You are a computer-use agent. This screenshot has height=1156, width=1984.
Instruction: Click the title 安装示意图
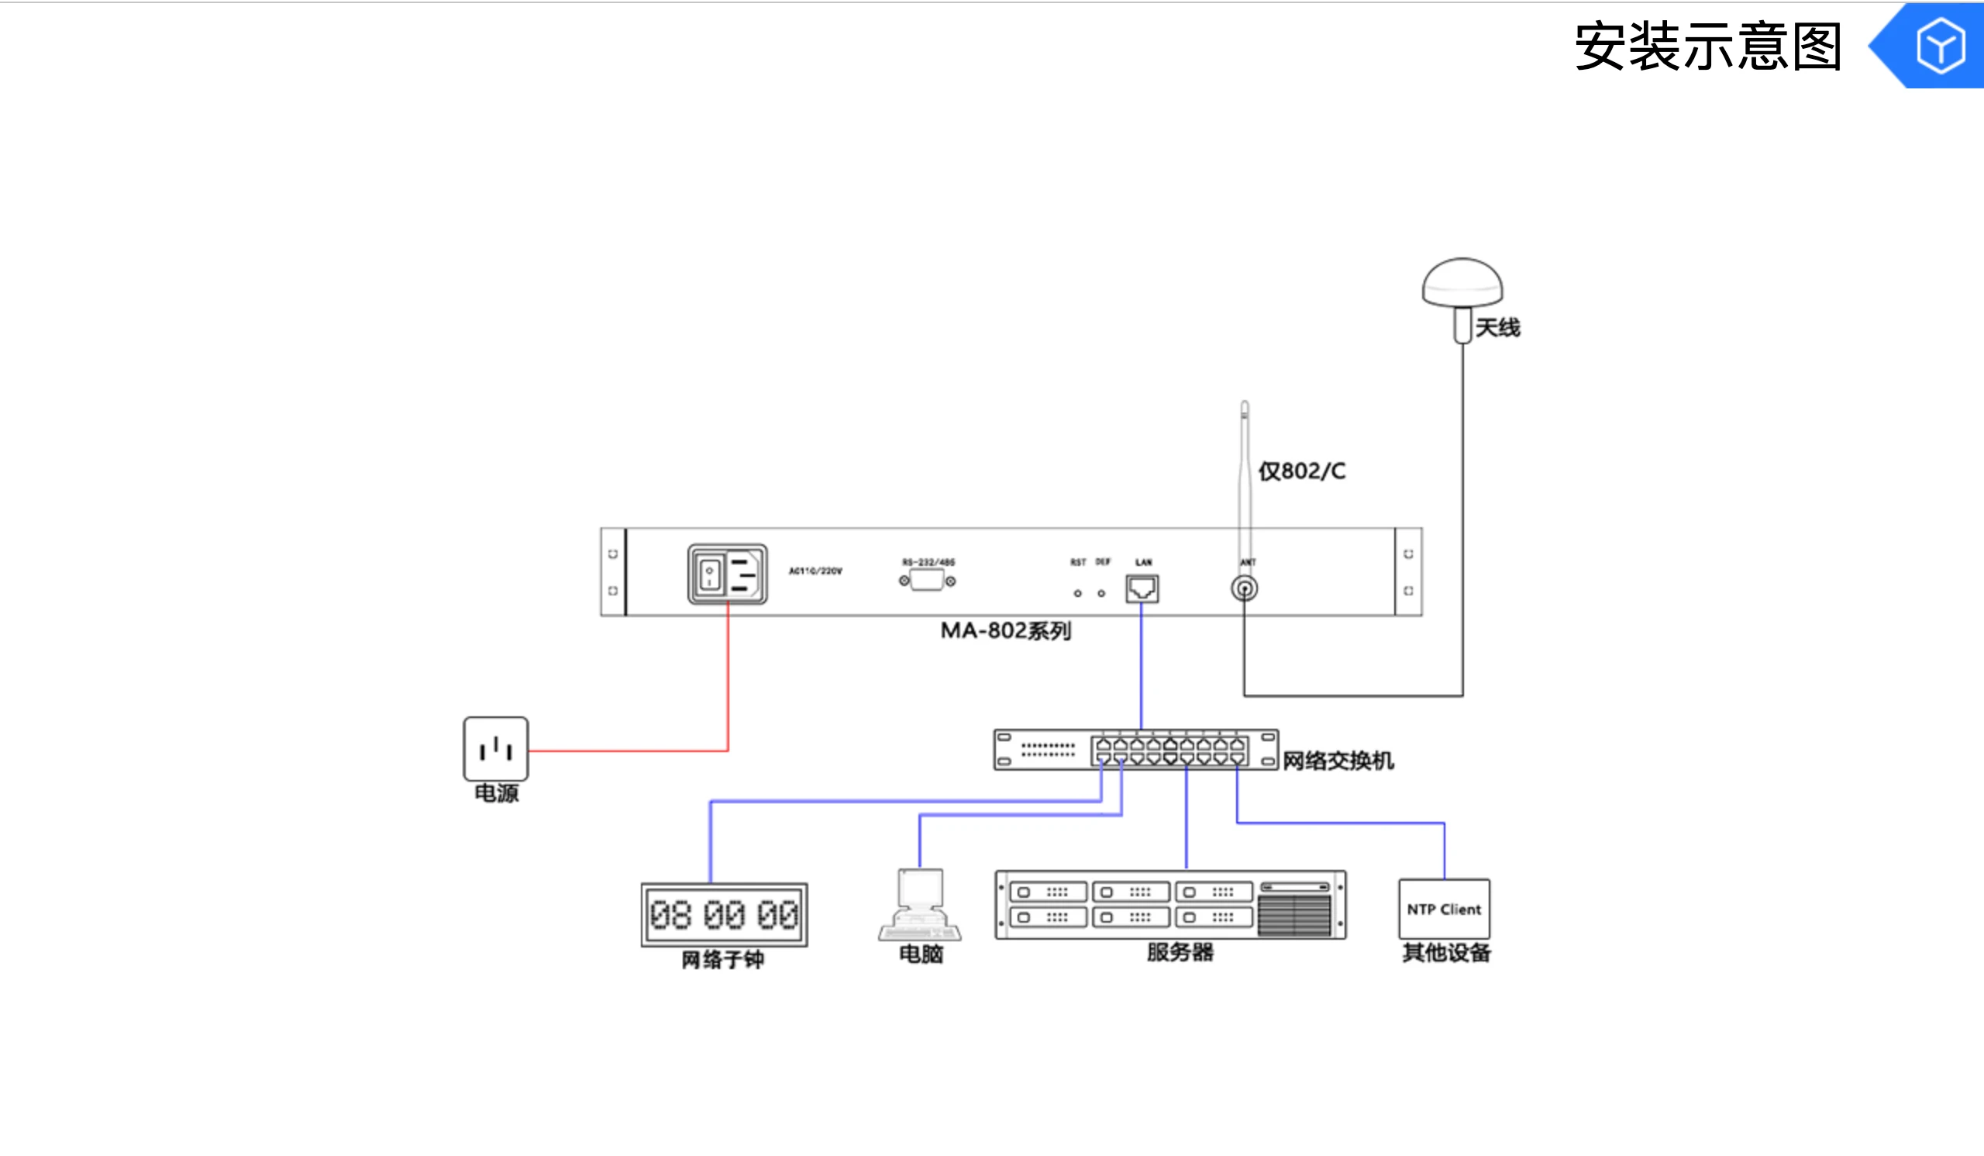click(x=1707, y=47)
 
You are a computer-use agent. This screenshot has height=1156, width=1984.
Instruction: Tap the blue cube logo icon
click(x=1939, y=47)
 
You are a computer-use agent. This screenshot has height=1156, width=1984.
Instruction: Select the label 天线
click(x=1497, y=328)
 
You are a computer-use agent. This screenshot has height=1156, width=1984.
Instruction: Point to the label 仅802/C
click(x=1302, y=471)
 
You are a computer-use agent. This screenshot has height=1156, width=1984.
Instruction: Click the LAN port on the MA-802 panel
click(x=1142, y=588)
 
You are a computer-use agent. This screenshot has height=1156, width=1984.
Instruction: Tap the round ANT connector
click(x=1244, y=588)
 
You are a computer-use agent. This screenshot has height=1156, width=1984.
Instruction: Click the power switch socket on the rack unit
click(x=728, y=574)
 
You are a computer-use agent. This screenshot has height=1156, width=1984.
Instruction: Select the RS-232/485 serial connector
click(x=928, y=581)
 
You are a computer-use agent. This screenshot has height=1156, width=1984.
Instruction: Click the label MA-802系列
click(x=1005, y=631)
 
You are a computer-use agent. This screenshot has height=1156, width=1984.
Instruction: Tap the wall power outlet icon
click(x=496, y=749)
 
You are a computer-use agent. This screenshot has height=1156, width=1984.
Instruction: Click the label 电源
click(x=496, y=793)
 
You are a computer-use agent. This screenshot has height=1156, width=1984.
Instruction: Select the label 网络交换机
click(x=1338, y=761)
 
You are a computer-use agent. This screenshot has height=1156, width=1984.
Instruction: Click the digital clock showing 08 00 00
click(x=725, y=914)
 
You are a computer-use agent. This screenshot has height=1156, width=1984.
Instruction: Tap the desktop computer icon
click(x=920, y=905)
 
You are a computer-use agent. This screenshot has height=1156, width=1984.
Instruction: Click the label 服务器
click(x=1180, y=952)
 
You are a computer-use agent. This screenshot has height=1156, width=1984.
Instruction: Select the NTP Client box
click(x=1444, y=909)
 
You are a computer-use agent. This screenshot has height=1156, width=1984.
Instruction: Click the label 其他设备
click(x=1446, y=953)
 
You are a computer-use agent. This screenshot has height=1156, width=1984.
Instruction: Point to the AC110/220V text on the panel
click(x=815, y=571)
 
